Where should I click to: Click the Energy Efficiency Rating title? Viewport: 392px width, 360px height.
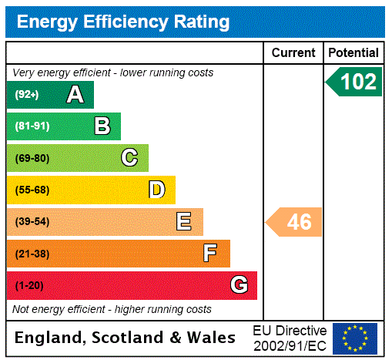(x=123, y=22)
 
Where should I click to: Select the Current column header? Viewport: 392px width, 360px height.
(x=293, y=53)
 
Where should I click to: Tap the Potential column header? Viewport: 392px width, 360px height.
(x=353, y=53)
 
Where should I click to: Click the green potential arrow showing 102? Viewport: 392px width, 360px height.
(x=354, y=82)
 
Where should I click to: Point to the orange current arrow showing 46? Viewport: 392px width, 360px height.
(x=295, y=222)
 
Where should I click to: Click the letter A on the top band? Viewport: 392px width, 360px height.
(x=75, y=95)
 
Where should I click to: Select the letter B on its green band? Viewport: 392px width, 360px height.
(x=102, y=126)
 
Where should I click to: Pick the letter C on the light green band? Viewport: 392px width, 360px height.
(x=129, y=158)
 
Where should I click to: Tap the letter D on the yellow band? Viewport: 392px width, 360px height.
(x=156, y=190)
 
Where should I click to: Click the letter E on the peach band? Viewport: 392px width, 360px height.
(x=183, y=222)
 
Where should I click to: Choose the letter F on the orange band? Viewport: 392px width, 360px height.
(x=210, y=254)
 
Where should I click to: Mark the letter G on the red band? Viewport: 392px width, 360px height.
(x=239, y=285)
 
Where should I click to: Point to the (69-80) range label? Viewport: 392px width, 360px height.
(x=32, y=158)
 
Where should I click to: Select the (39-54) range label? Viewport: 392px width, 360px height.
(x=32, y=222)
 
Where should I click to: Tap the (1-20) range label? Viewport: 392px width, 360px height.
(x=29, y=285)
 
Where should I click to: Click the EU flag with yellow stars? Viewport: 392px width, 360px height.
(x=355, y=338)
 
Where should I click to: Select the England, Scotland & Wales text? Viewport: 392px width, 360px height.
(x=126, y=338)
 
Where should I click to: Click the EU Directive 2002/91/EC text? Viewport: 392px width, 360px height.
(x=290, y=338)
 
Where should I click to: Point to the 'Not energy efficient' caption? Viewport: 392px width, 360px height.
(x=112, y=309)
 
